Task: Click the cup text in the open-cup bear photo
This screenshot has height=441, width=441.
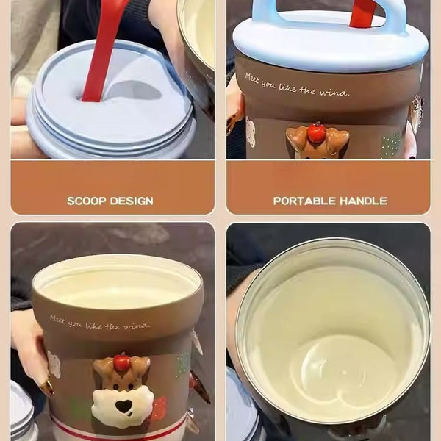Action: (99, 323)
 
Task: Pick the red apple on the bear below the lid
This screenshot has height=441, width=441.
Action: (317, 133)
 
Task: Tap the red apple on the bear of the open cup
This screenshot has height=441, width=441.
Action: (122, 362)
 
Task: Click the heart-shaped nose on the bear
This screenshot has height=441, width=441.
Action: (123, 405)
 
